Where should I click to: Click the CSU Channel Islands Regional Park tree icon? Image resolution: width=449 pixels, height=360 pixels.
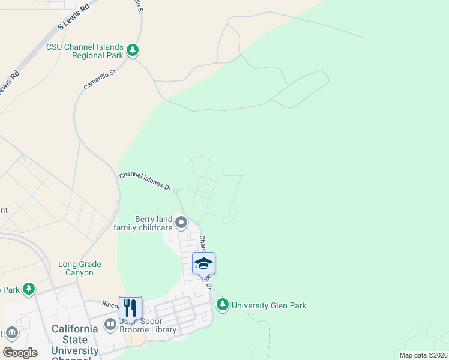pos(133,51)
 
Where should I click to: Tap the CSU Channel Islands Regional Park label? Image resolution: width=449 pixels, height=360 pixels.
pos(85,52)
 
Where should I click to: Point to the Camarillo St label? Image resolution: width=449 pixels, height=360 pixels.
pos(100,79)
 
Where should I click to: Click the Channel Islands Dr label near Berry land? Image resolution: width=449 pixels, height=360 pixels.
pos(145,180)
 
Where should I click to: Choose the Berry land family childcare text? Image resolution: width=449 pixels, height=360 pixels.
pos(143,224)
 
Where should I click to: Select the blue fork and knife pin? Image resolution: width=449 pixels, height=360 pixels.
pos(130,308)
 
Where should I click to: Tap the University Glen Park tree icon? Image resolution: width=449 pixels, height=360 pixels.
pos(223,305)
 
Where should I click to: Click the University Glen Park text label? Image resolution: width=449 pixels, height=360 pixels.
pos(269,306)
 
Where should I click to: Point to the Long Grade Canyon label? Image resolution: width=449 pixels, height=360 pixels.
pos(80,268)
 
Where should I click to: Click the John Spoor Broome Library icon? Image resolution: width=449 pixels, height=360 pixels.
pos(110,325)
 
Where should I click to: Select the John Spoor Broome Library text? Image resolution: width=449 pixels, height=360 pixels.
pos(148,325)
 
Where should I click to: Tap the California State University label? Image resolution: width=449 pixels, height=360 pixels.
pos(74,340)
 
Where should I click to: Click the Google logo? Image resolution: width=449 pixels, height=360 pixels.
pos(20,353)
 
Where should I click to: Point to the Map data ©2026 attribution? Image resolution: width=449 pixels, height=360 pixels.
pos(423,355)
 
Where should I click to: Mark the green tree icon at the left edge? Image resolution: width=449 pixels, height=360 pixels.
pos(28,290)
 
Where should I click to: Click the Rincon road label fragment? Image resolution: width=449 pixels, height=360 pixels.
pos(111,303)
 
